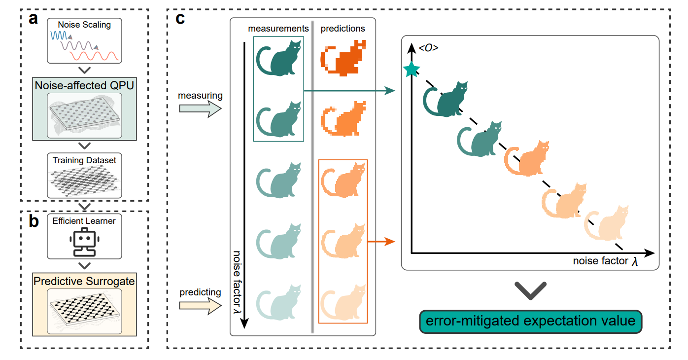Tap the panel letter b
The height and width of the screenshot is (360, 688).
34,221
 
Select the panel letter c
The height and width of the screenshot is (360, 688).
180,19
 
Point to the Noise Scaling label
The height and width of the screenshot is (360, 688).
84,24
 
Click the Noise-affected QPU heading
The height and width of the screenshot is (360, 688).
84,85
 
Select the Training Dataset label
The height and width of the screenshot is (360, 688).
84,160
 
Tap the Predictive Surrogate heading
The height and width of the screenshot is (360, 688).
84,281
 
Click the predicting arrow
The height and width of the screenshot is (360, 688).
200,306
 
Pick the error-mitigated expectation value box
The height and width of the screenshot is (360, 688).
530,322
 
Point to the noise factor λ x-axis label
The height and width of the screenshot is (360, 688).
605,261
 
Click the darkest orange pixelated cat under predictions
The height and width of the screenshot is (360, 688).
343,58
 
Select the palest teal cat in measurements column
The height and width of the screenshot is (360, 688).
278,304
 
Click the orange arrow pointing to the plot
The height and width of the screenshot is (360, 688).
382,242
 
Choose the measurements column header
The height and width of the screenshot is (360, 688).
278,29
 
